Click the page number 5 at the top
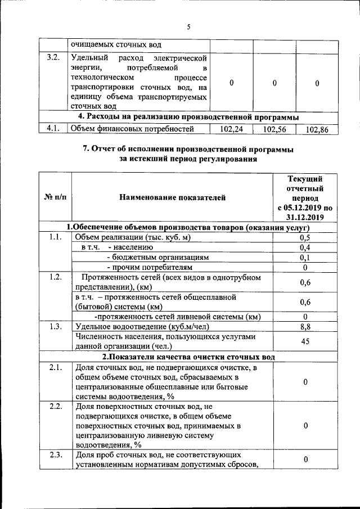pyautogui.click(x=189, y=26)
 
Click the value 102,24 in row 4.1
pyautogui.click(x=231, y=129)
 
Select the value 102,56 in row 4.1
pyautogui.click(x=274, y=129)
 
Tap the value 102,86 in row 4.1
pyautogui.click(x=317, y=129)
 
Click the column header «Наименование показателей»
pyautogui.click(x=172, y=197)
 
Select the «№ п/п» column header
pyautogui.click(x=54, y=197)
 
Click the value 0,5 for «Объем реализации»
pyautogui.click(x=305, y=237)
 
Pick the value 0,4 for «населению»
pyautogui.click(x=305, y=247)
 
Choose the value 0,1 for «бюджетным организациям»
pyautogui.click(x=305, y=257)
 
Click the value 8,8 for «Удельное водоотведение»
pyautogui.click(x=305, y=326)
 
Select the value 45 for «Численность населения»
pyautogui.click(x=305, y=341)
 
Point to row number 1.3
pyautogui.click(x=55, y=326)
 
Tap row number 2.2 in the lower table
pyautogui.click(x=55, y=407)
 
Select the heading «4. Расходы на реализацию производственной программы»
pyautogui.click(x=188, y=116)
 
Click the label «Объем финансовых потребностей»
pyautogui.click(x=132, y=129)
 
